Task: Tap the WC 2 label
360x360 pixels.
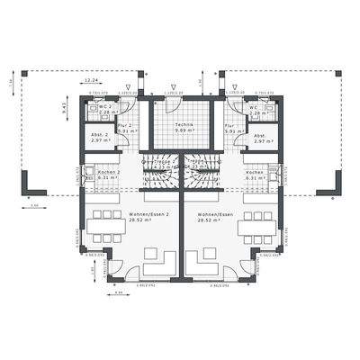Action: (x=104, y=107)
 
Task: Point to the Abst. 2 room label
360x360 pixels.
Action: (x=100, y=136)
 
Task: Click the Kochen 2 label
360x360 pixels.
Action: (x=108, y=171)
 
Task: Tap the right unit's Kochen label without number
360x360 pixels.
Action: (x=255, y=171)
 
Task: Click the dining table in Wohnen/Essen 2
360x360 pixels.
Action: (x=106, y=223)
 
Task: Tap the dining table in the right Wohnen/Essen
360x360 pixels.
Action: (x=255, y=223)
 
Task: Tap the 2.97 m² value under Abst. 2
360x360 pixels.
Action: (x=100, y=141)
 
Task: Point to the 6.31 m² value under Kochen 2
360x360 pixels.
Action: (x=108, y=177)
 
